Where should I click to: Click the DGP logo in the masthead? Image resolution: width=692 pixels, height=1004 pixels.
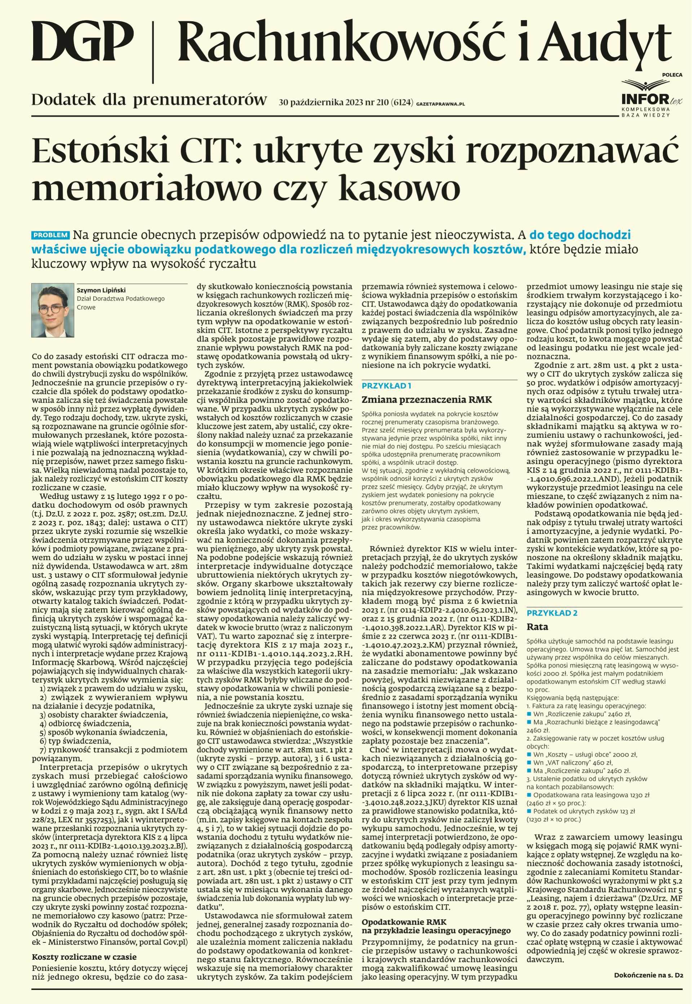click(x=83, y=43)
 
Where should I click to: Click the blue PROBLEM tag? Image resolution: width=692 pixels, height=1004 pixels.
click(x=51, y=235)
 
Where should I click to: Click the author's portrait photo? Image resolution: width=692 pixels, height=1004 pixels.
click(x=53, y=310)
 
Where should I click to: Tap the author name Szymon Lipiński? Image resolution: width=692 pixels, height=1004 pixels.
click(x=101, y=290)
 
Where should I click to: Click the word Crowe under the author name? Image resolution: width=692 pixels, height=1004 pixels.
click(x=86, y=307)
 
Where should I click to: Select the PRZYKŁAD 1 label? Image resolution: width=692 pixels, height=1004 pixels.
click(x=386, y=386)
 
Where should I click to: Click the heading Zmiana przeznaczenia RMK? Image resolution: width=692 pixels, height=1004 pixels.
click(x=427, y=400)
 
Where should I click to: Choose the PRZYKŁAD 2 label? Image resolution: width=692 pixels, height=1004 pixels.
click(x=551, y=613)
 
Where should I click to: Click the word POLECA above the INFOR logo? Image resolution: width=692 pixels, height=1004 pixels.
click(x=672, y=75)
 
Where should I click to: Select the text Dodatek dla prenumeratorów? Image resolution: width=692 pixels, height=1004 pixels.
click(x=149, y=100)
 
